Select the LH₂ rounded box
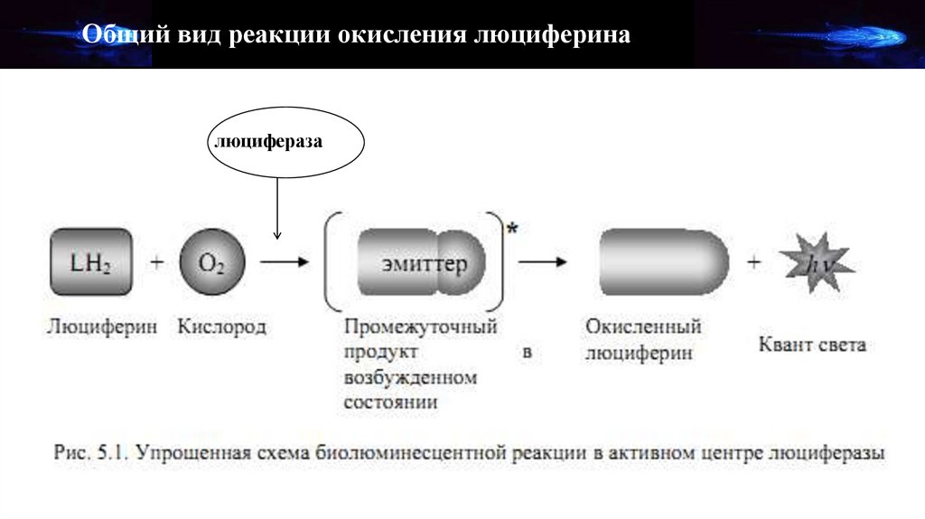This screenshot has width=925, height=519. (90, 262)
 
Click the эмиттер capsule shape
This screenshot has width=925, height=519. (421, 263)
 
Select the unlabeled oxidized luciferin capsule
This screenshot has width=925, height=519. (662, 263)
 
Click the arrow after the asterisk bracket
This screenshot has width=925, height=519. (542, 263)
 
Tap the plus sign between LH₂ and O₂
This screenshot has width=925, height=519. (157, 263)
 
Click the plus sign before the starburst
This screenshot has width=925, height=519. (754, 263)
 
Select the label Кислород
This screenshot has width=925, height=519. (222, 326)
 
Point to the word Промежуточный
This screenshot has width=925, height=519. (420, 326)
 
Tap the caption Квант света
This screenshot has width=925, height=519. (810, 344)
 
